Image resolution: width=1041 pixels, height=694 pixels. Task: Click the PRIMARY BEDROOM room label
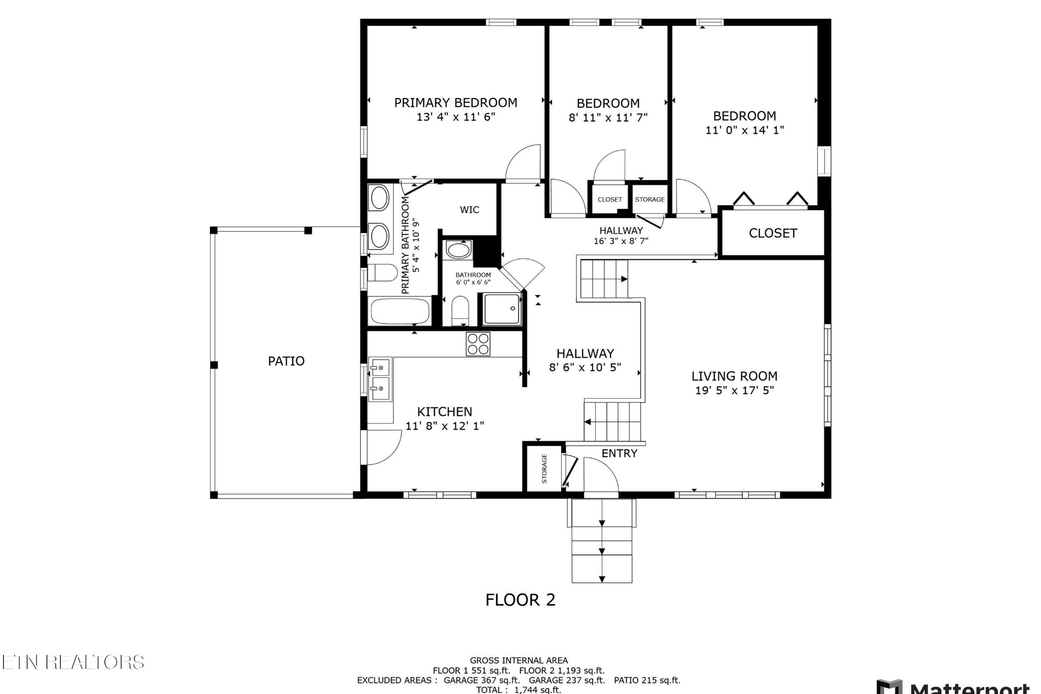(455, 103)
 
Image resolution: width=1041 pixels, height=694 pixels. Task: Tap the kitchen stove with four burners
(478, 344)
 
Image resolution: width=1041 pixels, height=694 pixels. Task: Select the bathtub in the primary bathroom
(400, 311)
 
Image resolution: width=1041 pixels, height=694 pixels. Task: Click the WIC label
(469, 209)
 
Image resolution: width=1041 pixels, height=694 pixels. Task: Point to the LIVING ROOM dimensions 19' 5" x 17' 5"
(734, 390)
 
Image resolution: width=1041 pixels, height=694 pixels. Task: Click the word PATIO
(286, 361)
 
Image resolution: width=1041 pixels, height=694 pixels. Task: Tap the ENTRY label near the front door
(619, 454)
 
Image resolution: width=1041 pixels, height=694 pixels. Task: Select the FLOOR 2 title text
(520, 600)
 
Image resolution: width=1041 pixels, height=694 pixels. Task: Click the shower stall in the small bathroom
(502, 309)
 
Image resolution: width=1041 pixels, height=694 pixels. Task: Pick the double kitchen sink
(380, 379)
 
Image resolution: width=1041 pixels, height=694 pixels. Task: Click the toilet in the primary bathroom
(382, 273)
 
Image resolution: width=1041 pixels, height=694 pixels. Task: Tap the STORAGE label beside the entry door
(544, 468)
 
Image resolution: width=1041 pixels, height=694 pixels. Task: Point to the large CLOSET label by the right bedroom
(773, 233)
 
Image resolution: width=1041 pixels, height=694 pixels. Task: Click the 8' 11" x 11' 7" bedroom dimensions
(608, 117)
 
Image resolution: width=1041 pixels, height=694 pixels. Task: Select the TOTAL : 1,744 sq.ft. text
(518, 689)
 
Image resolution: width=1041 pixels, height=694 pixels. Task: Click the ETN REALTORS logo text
(73, 662)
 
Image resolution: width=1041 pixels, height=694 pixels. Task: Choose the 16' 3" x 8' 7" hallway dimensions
(621, 241)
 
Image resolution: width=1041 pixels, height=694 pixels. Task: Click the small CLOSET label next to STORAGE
(609, 199)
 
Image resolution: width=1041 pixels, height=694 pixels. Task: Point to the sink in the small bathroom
(458, 250)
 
